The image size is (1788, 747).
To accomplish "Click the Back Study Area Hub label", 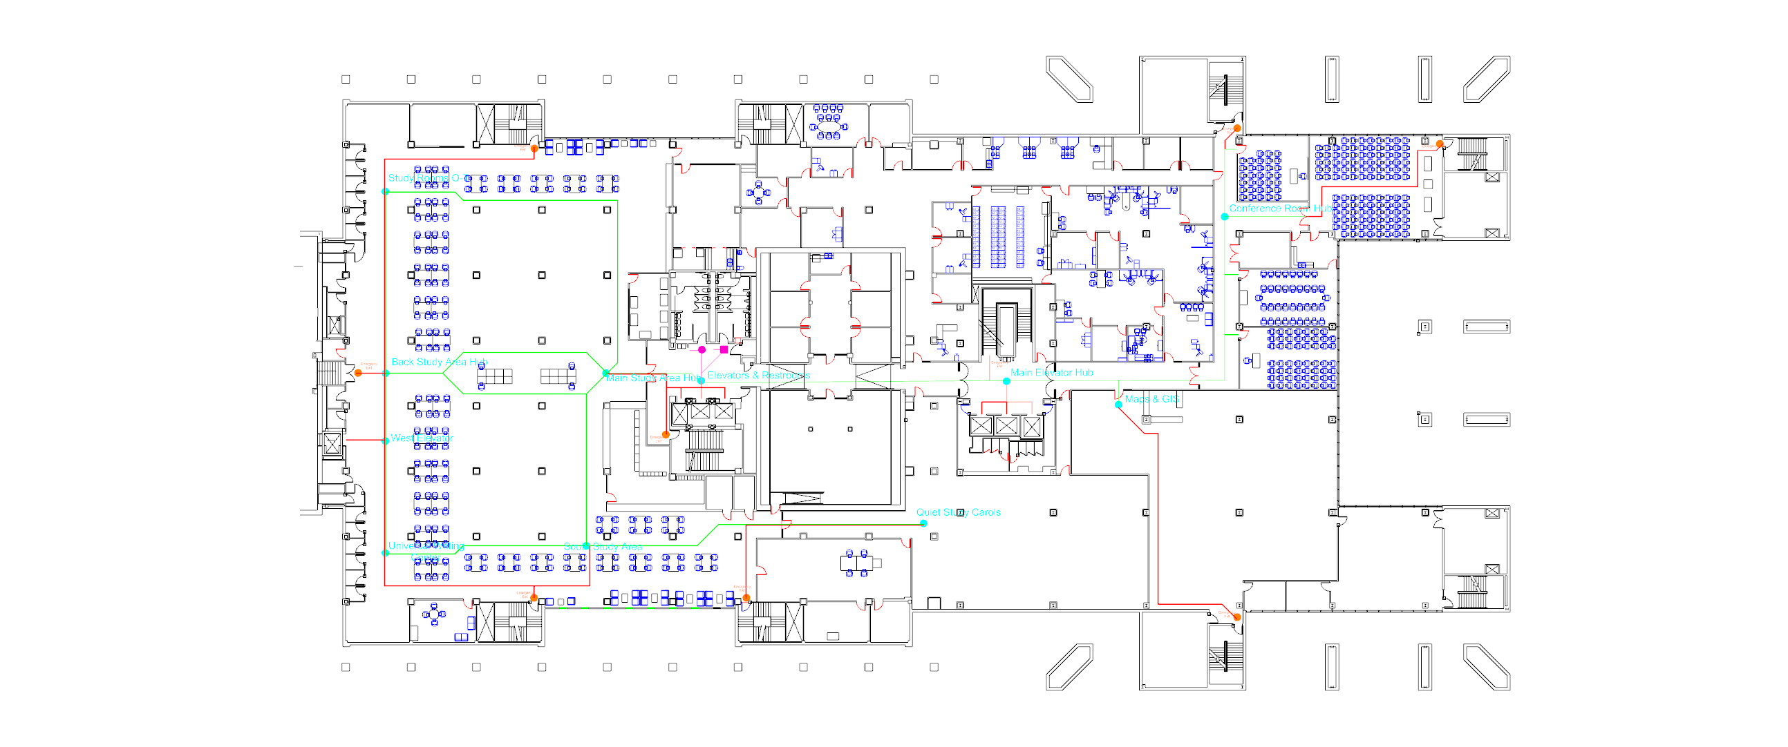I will coord(440,362).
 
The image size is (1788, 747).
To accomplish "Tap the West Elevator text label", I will coord(422,438).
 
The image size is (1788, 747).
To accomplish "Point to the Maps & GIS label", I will coord(1151,399).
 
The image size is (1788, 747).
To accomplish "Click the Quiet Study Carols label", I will coord(958,512).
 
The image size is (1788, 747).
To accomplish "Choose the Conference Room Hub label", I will coord(1279,208).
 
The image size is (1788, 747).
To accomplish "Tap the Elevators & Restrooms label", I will coord(758,376).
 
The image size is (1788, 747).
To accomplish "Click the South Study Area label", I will coord(603,547).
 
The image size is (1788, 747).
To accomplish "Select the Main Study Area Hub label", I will coord(652,378).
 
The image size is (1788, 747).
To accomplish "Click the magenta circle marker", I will coord(702,350).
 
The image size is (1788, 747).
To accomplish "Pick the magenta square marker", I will coord(724,350).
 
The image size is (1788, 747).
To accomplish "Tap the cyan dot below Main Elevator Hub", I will coord(1006,382).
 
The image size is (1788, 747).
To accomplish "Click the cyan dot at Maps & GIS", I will coord(1118,405).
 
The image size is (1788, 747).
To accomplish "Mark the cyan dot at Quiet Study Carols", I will coord(923,524).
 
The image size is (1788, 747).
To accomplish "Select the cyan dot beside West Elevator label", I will coord(386,440).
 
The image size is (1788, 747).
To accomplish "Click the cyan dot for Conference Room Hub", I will coord(1225,217).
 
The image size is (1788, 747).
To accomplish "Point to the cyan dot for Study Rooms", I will coord(386,191).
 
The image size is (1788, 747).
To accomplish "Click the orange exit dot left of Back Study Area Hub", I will coord(358,373).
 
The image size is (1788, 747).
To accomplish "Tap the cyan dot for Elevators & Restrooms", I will coord(701,381).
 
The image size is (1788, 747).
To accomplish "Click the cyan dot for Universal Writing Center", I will coord(386,553).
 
